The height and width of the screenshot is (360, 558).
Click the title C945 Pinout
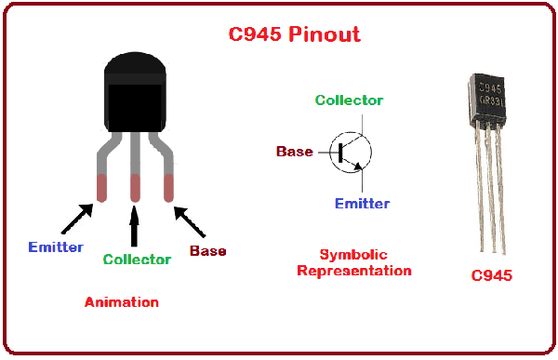pyautogui.click(x=294, y=35)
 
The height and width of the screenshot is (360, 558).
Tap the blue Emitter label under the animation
pyautogui.click(x=55, y=247)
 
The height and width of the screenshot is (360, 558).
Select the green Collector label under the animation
pyautogui.click(x=137, y=260)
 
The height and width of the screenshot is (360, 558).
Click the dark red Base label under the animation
pyautogui.click(x=207, y=251)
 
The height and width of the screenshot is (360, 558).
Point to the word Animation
pyautogui.click(x=121, y=302)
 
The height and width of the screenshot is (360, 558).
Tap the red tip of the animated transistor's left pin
pyautogui.click(x=100, y=189)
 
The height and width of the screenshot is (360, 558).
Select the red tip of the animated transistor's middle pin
pyautogui.click(x=136, y=189)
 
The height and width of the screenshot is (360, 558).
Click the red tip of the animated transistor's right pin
pyautogui.click(x=169, y=189)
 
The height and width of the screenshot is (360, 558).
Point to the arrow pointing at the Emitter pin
pyautogui.click(x=75, y=219)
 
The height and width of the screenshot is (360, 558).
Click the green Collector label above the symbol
pyautogui.click(x=349, y=100)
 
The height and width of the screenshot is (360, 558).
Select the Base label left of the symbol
pyautogui.click(x=295, y=152)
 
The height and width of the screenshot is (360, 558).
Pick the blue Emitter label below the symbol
pyautogui.click(x=362, y=204)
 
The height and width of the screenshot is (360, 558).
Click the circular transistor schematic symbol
pyautogui.click(x=351, y=152)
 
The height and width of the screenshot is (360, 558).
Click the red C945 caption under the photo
pyautogui.click(x=491, y=276)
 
